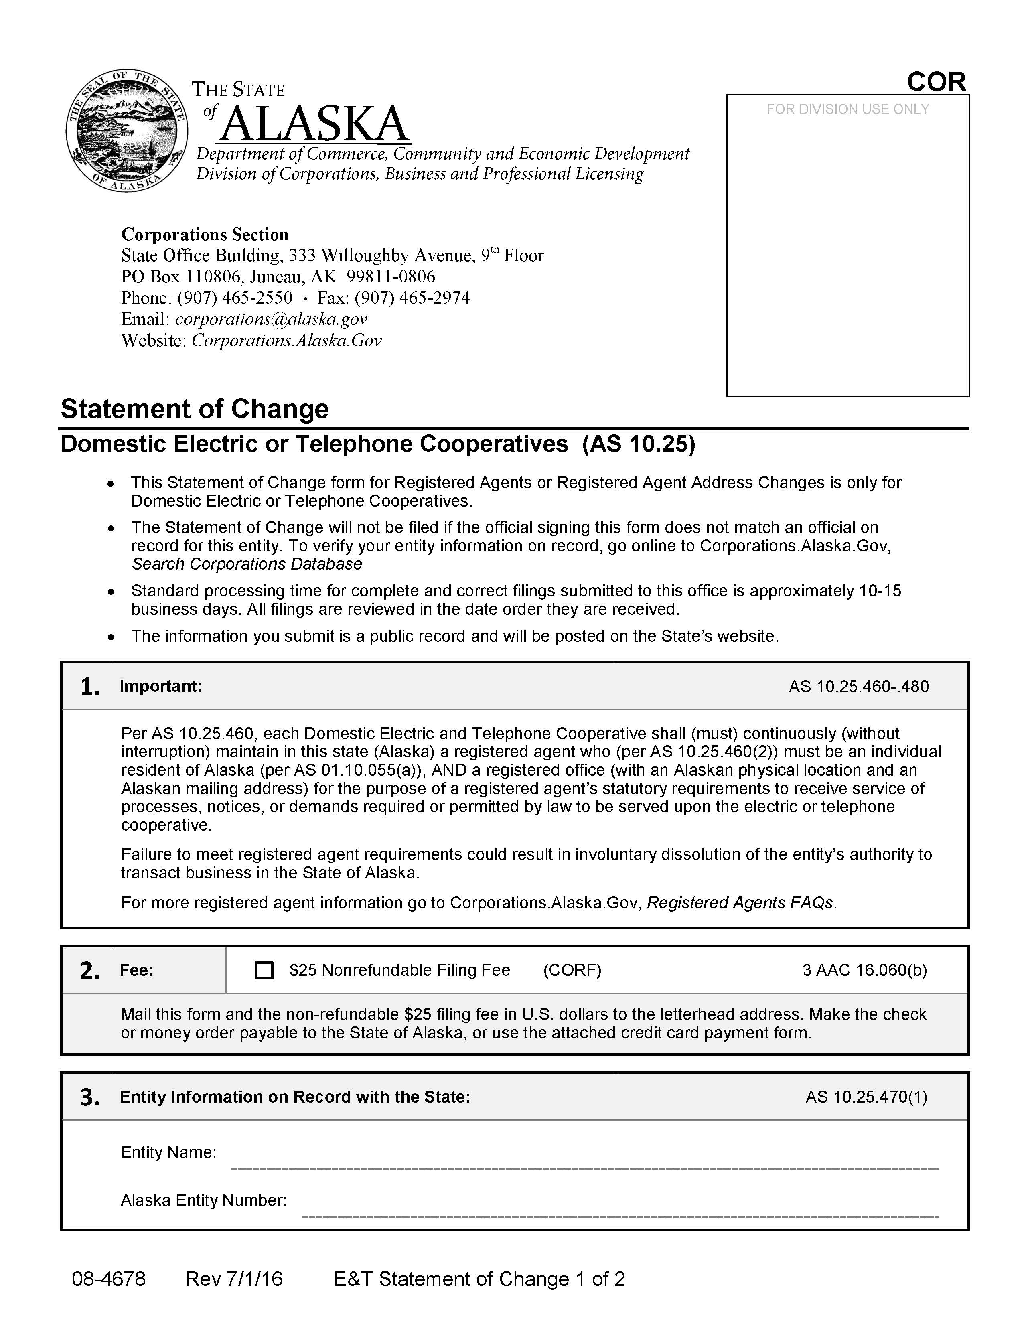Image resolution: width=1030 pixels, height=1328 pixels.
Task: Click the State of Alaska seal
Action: pyautogui.click(x=126, y=130)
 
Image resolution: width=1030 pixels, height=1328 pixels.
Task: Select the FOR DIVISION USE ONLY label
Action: pyautogui.click(x=847, y=109)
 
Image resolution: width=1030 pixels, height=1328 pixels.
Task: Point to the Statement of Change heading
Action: pyautogui.click(x=195, y=409)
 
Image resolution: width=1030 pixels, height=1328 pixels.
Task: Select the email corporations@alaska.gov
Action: pyautogui.click(x=271, y=319)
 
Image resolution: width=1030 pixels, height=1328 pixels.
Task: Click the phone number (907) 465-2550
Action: pyautogui.click(x=235, y=298)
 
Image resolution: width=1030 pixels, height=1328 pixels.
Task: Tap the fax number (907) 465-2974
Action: pyautogui.click(x=412, y=298)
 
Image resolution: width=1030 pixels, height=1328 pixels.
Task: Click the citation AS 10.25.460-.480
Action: pyautogui.click(x=859, y=687)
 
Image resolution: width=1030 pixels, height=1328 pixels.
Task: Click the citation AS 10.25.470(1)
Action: pyautogui.click(x=866, y=1097)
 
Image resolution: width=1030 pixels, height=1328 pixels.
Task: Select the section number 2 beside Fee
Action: pyautogui.click(x=90, y=971)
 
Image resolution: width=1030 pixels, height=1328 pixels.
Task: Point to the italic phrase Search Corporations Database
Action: pyautogui.click(x=247, y=564)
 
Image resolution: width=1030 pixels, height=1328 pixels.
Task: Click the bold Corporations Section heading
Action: pyautogui.click(x=205, y=235)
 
